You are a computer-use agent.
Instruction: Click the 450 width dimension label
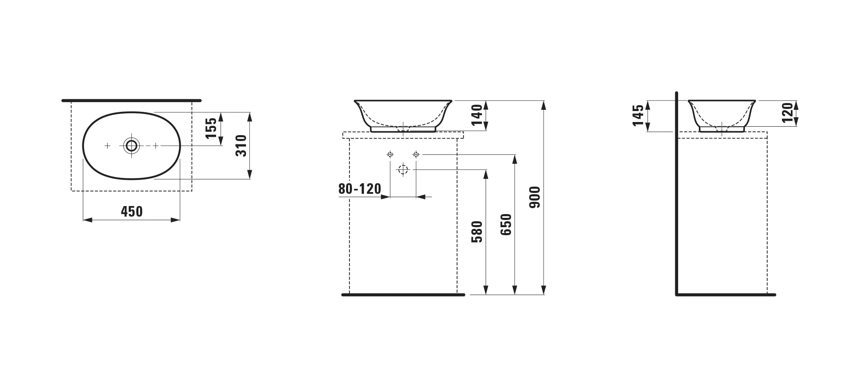(x=132, y=211)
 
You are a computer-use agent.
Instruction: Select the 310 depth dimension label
(x=241, y=146)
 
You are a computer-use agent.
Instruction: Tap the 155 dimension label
(x=211, y=128)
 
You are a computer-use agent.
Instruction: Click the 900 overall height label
(x=534, y=197)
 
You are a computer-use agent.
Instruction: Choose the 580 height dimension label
(x=477, y=232)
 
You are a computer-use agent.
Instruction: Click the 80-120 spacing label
(x=360, y=189)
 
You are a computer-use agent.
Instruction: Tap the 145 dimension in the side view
(x=638, y=115)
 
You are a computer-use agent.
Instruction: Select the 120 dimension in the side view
(x=787, y=112)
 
